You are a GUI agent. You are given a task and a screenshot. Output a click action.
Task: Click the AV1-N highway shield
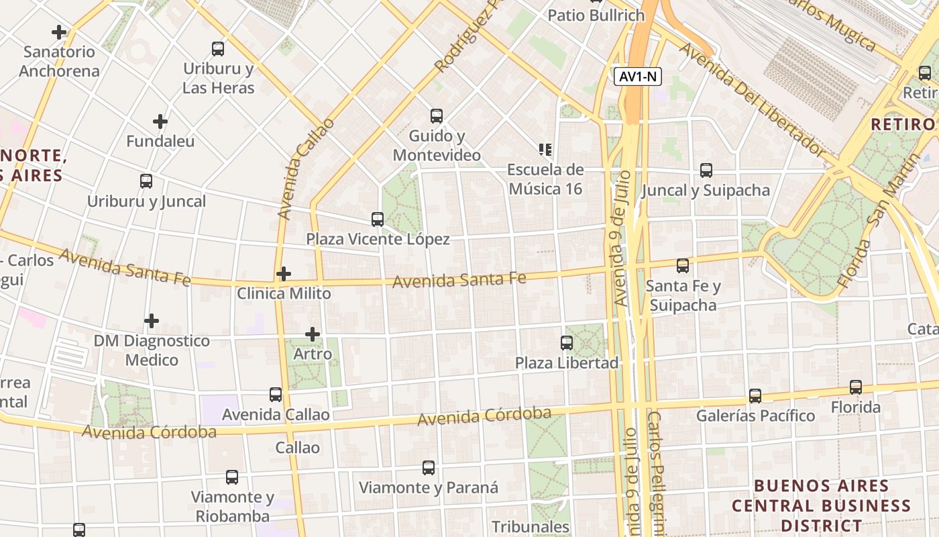pos(638,77)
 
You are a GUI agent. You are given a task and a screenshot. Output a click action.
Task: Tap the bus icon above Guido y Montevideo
pos(437,116)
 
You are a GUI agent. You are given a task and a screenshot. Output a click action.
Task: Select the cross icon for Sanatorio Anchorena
pos(59,32)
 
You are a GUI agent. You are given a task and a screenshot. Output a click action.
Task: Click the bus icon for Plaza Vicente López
pos(378,219)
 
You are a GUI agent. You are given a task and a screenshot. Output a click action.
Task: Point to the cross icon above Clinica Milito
pos(284,274)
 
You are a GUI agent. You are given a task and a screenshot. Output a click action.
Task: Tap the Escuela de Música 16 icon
pos(545,149)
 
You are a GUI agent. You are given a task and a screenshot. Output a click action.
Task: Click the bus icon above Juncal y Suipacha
pos(706,170)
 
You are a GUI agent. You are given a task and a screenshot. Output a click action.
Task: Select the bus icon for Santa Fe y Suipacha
pos(683,266)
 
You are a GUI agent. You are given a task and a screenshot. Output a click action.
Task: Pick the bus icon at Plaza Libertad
pos(567,343)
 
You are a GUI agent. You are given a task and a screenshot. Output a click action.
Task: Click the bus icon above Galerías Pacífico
pos(755,396)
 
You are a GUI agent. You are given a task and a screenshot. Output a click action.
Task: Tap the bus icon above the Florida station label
pos(856,387)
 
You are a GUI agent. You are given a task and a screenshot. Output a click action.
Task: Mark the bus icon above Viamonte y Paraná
pos(429,468)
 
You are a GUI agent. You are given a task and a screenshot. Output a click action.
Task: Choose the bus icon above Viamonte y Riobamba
pos(232,477)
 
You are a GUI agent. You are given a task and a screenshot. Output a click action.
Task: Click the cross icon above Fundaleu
pos(160,121)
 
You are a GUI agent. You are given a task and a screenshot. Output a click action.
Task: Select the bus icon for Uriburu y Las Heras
pos(218,49)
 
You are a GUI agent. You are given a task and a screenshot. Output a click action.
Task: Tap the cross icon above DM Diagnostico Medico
pos(152,321)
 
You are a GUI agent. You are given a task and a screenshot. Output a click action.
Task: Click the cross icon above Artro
pos(313,334)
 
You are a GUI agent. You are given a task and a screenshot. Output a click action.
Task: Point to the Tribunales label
pos(531,527)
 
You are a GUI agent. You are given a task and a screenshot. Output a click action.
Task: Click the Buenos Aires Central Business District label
pos(821,505)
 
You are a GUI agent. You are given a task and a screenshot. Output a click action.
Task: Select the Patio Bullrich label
pos(596,15)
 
